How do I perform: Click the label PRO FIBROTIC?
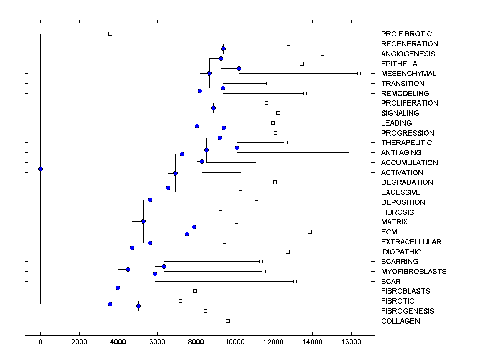click(406, 34)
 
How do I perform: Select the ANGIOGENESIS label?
click(408, 54)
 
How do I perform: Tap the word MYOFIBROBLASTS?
click(414, 272)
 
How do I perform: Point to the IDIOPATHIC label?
click(401, 252)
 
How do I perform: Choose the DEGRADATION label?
click(407, 182)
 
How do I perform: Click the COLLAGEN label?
click(400, 321)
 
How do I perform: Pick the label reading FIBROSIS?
click(397, 212)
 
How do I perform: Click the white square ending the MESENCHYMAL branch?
click(359, 73)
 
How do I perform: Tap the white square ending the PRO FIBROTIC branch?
click(110, 34)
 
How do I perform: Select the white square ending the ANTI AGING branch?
click(350, 152)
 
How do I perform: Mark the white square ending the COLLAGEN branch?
click(228, 321)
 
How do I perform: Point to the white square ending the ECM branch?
click(310, 232)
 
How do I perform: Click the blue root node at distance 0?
click(40, 169)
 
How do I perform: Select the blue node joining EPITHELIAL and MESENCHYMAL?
click(239, 68)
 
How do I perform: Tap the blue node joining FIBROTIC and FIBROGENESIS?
click(138, 306)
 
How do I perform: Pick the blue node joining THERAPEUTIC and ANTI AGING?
click(237, 148)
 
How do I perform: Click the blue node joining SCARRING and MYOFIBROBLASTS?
click(164, 266)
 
